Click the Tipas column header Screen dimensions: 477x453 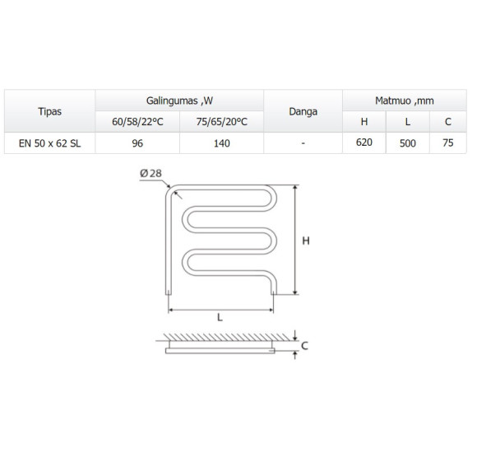point(49,111)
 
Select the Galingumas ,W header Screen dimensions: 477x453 point(179,100)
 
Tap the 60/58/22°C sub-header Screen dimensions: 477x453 point(137,122)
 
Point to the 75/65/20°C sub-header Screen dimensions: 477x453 point(222,122)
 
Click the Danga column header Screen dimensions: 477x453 point(303,112)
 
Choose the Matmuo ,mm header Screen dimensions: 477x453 point(405,100)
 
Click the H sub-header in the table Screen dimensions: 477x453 point(364,122)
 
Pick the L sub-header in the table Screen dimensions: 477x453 point(408,122)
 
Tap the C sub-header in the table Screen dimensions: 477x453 point(447,122)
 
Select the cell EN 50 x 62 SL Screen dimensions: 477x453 point(49,143)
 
